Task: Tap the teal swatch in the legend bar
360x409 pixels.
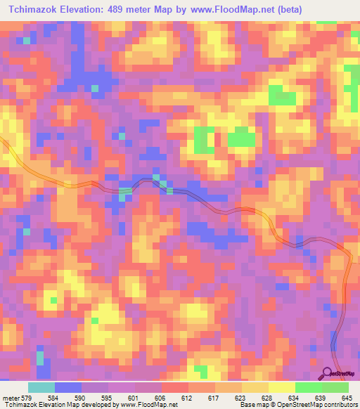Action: (41, 388)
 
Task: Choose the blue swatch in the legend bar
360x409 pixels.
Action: (68, 388)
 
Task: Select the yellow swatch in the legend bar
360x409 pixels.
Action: (282, 388)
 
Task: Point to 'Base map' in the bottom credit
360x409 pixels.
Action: (251, 405)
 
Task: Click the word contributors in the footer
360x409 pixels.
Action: (339, 405)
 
